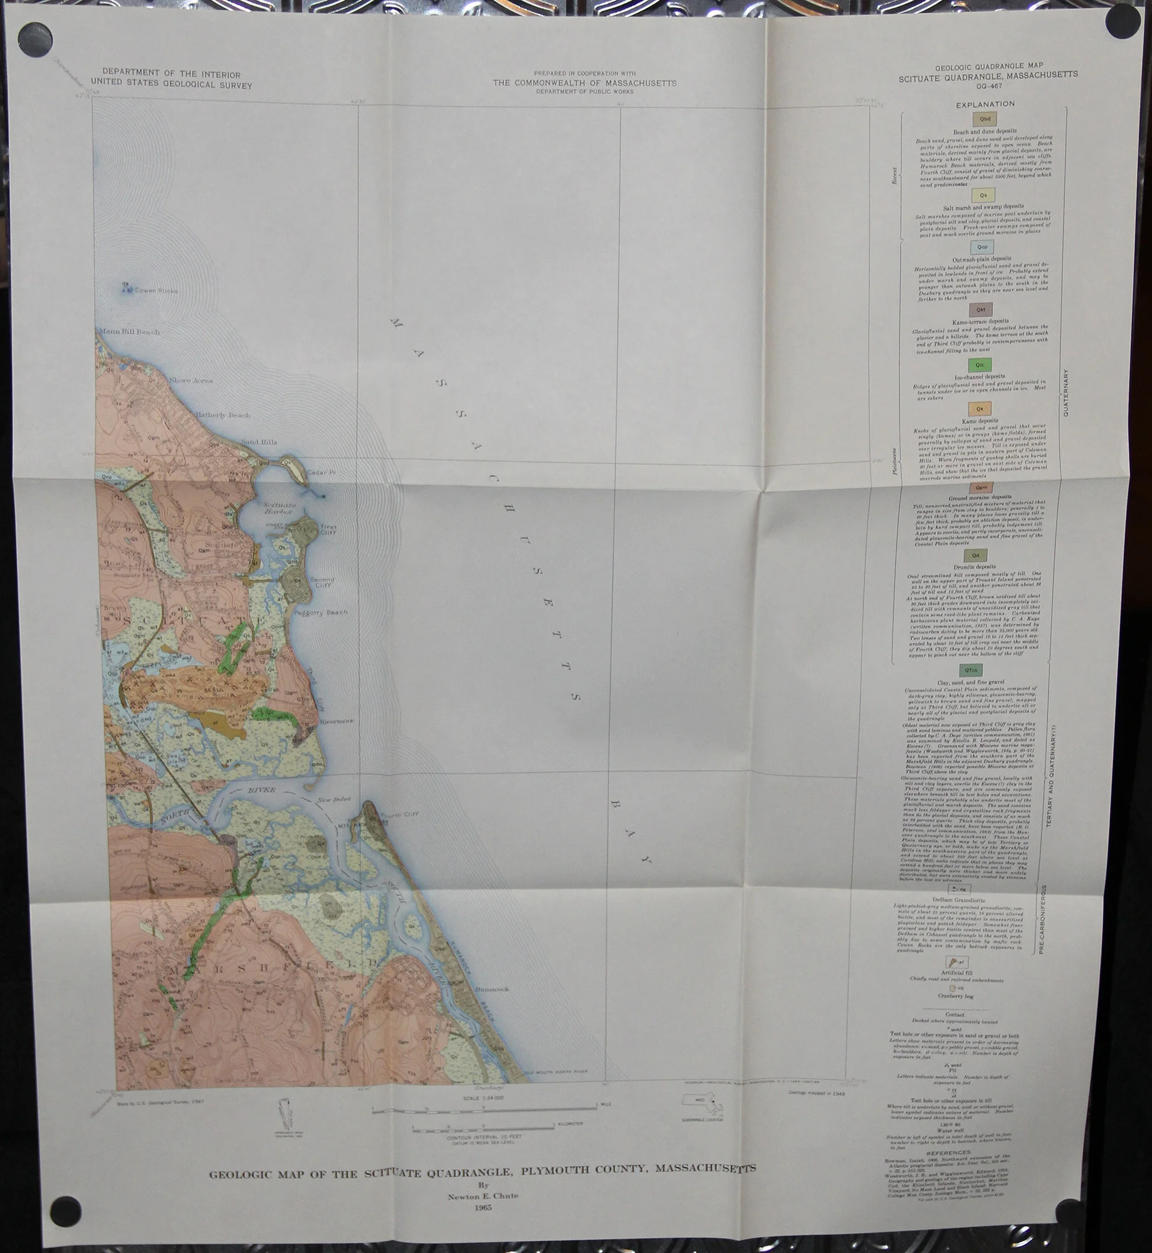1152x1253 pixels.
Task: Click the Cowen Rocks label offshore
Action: tap(156, 291)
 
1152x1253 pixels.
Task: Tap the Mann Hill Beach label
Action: tap(128, 332)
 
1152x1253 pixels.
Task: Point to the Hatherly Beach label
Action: tap(222, 415)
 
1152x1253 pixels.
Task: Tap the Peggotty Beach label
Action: tap(324, 612)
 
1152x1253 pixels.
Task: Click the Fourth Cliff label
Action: tap(399, 814)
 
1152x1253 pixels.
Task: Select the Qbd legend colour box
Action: tap(983, 119)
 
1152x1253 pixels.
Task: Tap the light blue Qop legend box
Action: tap(982, 247)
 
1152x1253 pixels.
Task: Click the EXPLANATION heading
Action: tap(985, 104)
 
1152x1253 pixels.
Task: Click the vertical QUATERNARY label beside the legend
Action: tap(1066, 393)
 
